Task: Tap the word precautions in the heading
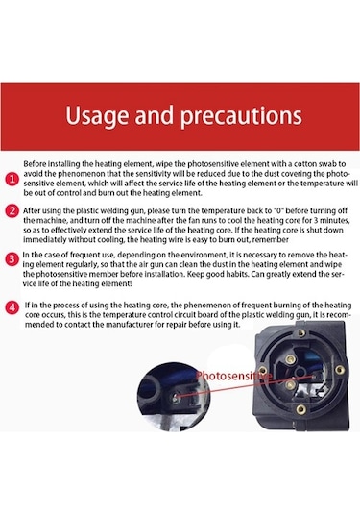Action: coord(241,116)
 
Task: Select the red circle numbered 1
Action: coord(12,179)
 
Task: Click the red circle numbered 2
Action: coord(12,210)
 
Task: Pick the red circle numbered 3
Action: coord(12,259)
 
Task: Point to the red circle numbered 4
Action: coord(12,307)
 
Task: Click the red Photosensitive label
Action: coord(234,376)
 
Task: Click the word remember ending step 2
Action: coord(274,239)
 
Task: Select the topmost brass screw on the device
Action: coord(301,333)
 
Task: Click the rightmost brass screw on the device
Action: coord(340,370)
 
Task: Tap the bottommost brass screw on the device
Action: coord(301,408)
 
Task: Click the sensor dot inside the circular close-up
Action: coord(176,398)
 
